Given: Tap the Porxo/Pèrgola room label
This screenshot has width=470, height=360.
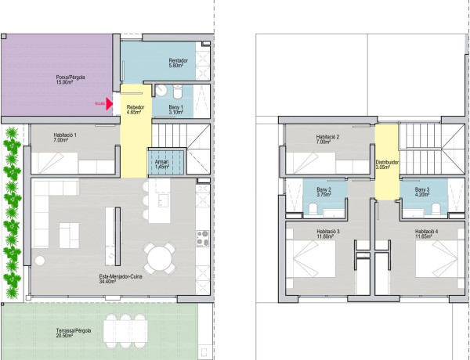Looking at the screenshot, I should tap(70, 80).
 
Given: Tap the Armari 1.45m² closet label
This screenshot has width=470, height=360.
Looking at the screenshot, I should tap(162, 164).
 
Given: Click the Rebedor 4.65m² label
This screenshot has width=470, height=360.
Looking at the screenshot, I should tap(137, 109).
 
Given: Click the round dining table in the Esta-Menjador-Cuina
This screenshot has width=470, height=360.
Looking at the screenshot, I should tap(161, 257).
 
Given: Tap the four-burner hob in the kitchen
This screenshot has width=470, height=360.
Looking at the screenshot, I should tap(202, 233).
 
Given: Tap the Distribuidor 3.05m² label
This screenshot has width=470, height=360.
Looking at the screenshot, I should tap(388, 164).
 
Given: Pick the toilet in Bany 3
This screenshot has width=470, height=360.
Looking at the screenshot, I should tap(408, 207).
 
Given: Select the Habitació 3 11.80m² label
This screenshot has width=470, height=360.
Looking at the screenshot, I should tap(327, 234).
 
